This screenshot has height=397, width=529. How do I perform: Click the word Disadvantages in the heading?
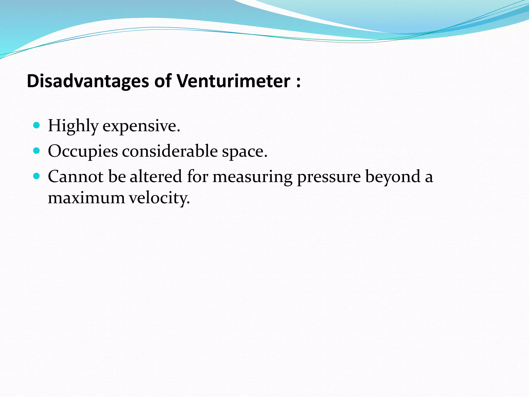click(x=88, y=81)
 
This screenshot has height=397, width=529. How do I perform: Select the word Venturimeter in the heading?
click(x=234, y=81)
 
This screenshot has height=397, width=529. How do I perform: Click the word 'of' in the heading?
click(x=163, y=81)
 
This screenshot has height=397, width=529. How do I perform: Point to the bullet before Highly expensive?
click(x=37, y=126)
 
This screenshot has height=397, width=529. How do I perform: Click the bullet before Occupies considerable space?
click(x=37, y=151)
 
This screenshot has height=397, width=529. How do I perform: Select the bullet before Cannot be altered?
click(x=37, y=176)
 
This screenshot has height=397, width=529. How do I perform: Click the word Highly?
click(x=73, y=126)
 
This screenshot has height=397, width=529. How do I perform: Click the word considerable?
click(x=170, y=151)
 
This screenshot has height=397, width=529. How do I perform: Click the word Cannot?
click(x=76, y=177)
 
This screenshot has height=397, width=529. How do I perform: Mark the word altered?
click(x=156, y=177)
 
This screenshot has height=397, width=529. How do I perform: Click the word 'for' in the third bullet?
click(x=198, y=177)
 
